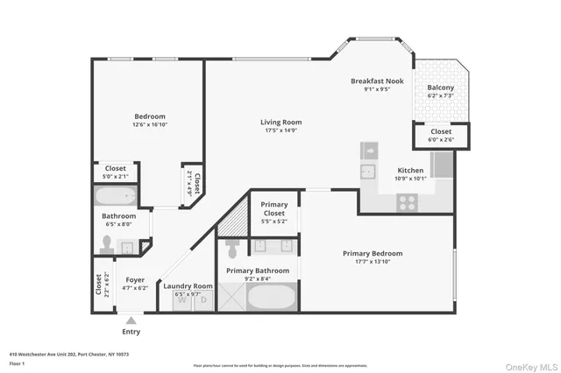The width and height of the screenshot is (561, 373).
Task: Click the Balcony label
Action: pos(440,88)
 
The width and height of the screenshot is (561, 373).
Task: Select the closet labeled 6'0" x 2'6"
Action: pos(441,135)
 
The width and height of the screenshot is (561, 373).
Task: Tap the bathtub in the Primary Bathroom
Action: pos(273,296)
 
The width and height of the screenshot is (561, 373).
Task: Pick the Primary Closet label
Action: pos(274,209)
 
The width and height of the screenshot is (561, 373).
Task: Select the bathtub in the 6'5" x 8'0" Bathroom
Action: pos(117,195)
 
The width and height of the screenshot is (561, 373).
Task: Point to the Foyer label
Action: pos(135,280)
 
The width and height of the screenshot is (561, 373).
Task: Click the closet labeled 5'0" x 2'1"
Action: pos(116,172)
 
